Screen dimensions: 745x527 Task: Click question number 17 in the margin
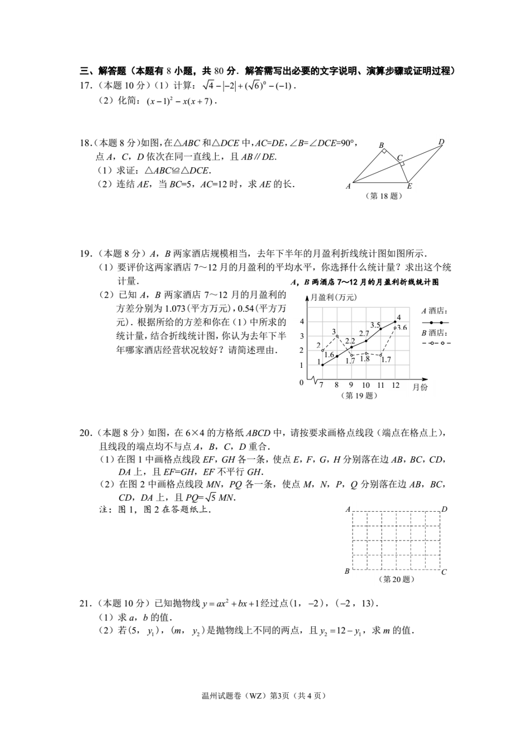click(x=85, y=86)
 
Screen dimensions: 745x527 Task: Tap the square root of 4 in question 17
click(x=208, y=86)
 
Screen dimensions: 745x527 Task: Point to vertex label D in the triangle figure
click(x=441, y=142)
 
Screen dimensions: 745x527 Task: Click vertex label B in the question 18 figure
click(x=382, y=145)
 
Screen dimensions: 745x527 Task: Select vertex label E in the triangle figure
click(x=409, y=186)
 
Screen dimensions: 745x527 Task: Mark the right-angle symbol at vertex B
click(x=384, y=151)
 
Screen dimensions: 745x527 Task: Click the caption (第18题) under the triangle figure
click(x=384, y=196)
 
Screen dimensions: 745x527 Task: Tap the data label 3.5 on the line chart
click(x=375, y=325)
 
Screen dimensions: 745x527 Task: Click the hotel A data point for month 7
click(x=322, y=365)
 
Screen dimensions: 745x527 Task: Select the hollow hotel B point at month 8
click(x=337, y=336)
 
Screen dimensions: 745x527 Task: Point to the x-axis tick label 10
click(x=366, y=385)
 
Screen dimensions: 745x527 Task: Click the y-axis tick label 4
click(x=302, y=322)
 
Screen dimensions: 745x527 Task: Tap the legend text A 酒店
click(x=434, y=311)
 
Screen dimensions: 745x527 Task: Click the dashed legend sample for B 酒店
click(x=436, y=343)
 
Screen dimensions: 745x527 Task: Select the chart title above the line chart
click(x=364, y=282)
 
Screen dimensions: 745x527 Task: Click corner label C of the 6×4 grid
click(x=444, y=572)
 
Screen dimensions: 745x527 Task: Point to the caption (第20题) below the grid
click(x=396, y=580)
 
